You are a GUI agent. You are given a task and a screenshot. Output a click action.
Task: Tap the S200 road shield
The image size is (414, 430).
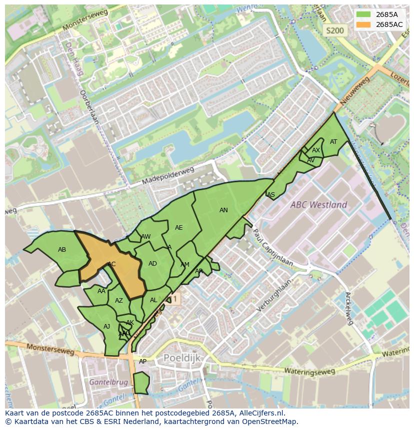334,31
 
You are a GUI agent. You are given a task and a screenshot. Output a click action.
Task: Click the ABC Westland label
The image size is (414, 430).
319,205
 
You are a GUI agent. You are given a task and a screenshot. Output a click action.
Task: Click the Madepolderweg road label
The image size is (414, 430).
167,176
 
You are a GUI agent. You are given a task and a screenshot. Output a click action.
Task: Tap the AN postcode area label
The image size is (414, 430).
223,210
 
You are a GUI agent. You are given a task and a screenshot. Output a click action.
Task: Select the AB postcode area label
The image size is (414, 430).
62,250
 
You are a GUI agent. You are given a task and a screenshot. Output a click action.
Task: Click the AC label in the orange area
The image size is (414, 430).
111,264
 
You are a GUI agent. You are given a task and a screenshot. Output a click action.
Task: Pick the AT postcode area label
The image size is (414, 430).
333,142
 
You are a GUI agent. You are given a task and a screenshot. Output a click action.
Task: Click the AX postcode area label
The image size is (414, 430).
316,150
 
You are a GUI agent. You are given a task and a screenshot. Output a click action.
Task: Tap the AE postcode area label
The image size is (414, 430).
178,228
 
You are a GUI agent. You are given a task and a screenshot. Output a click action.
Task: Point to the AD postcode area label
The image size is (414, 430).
152,264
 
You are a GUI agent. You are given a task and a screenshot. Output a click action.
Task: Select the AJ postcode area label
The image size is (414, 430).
106,327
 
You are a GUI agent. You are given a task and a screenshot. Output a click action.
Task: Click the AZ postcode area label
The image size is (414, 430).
118,301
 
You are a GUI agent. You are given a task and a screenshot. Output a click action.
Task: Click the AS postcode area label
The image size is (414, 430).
271,195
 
